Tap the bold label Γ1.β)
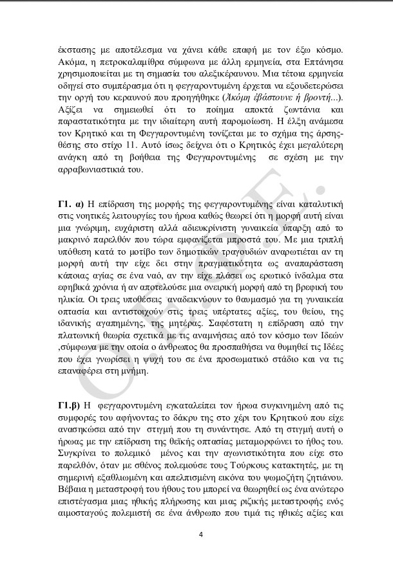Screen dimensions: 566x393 click(70, 406)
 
